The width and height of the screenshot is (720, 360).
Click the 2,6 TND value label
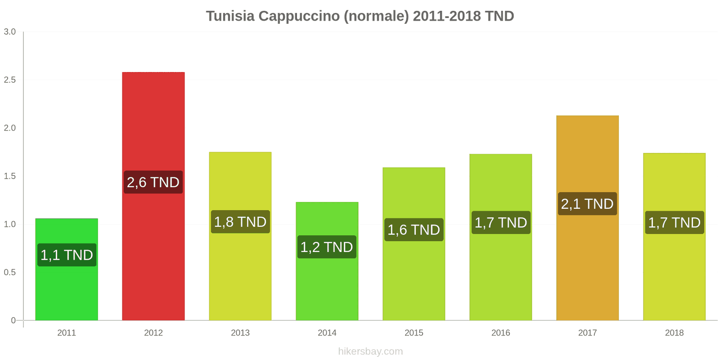[x=153, y=182]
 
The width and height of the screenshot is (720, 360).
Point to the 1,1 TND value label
[x=67, y=255]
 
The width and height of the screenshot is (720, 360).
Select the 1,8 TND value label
[x=240, y=222]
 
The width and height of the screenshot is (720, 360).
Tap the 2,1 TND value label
[x=587, y=204]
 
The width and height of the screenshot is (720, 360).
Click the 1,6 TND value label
[x=414, y=230]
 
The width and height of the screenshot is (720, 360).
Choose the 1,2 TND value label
[x=327, y=247]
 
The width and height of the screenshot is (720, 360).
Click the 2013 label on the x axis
[x=240, y=333]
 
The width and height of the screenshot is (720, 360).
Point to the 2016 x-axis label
[x=500, y=333]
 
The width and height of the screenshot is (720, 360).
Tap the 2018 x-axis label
[x=674, y=333]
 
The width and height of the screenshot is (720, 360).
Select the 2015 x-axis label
[x=414, y=333]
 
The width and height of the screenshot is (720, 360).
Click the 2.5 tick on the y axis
[x=10, y=80]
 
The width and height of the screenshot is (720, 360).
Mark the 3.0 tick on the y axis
[x=10, y=32]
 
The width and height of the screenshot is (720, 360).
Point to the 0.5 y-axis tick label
[x=10, y=273]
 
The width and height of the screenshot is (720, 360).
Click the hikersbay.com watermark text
[x=370, y=351]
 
